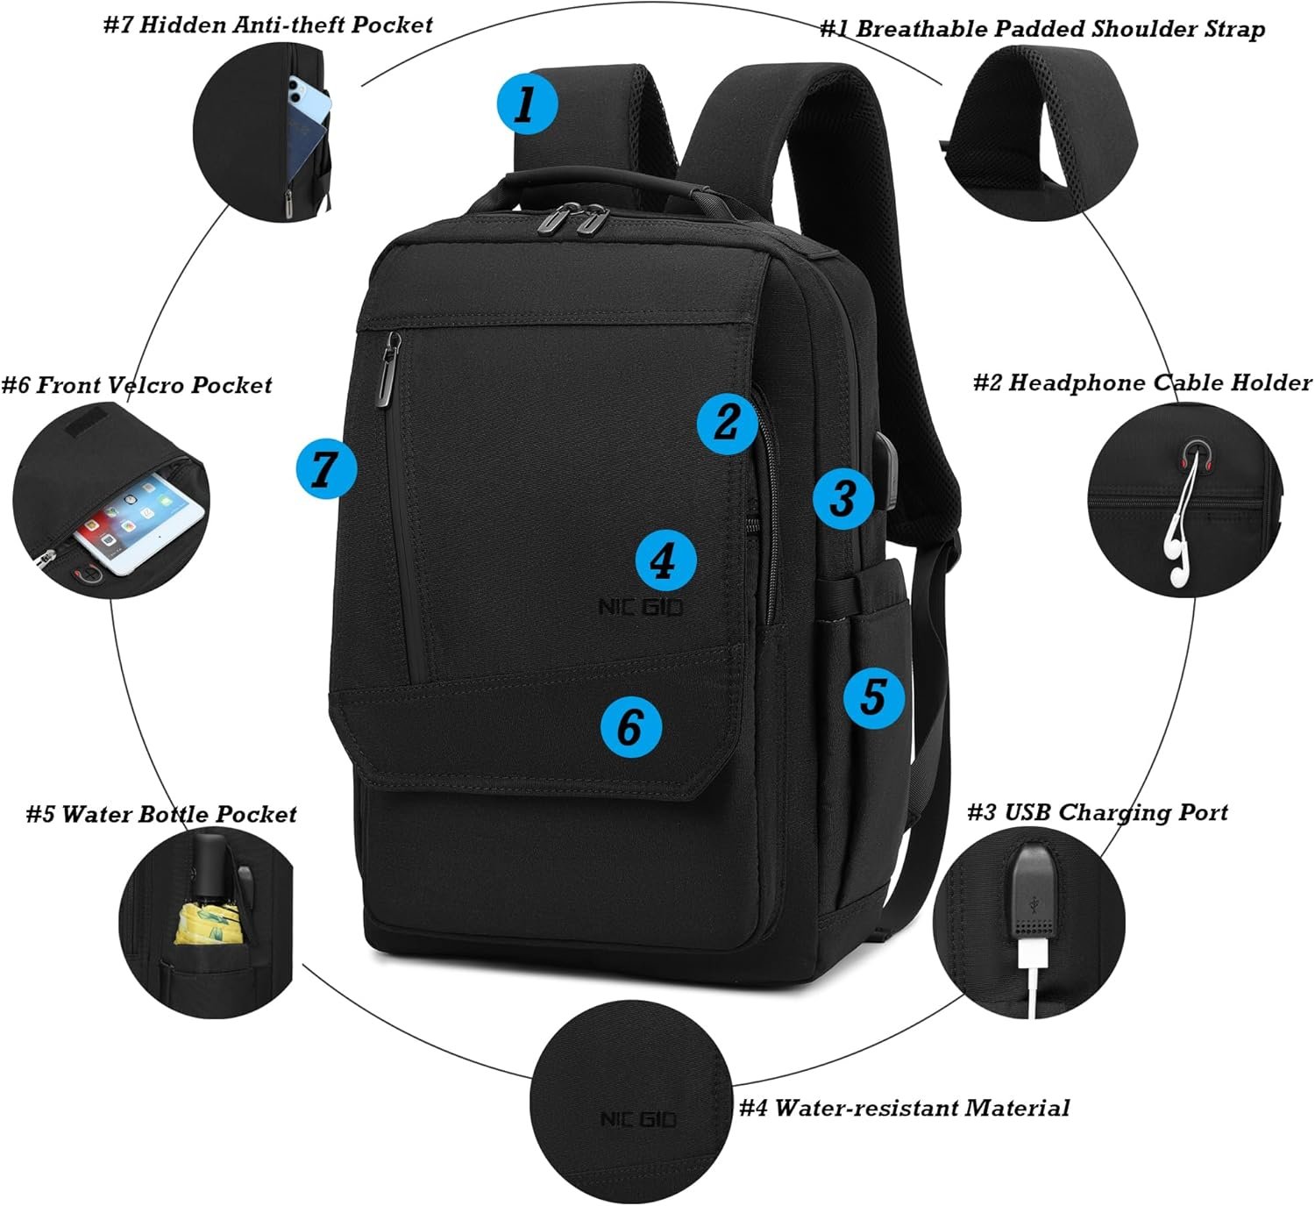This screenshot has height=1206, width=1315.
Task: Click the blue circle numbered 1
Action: pyautogui.click(x=527, y=103)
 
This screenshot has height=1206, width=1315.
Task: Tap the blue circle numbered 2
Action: pyautogui.click(x=727, y=424)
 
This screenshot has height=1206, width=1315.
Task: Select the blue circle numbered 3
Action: pyautogui.click(x=843, y=498)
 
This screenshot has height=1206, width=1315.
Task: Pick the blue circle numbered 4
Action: pyautogui.click(x=665, y=560)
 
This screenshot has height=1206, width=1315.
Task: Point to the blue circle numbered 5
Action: pyautogui.click(x=873, y=696)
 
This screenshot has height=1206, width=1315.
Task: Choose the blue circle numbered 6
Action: pyautogui.click(x=631, y=726)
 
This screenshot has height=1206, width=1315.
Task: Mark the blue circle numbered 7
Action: pyautogui.click(x=326, y=468)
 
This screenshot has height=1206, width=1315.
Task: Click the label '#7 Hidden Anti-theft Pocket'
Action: pyautogui.click(x=267, y=25)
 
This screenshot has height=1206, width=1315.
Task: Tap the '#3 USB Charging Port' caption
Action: pyautogui.click(x=1097, y=812)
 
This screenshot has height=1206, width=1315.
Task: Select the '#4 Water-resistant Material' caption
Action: pyautogui.click(x=904, y=1109)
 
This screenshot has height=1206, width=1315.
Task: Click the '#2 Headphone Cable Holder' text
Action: pyautogui.click(x=1142, y=382)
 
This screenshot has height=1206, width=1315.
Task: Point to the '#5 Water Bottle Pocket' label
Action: pyautogui.click(x=161, y=814)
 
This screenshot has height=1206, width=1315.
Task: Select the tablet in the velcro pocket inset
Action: pyautogui.click(x=139, y=521)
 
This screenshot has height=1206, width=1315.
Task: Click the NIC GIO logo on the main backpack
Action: pyautogui.click(x=641, y=607)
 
